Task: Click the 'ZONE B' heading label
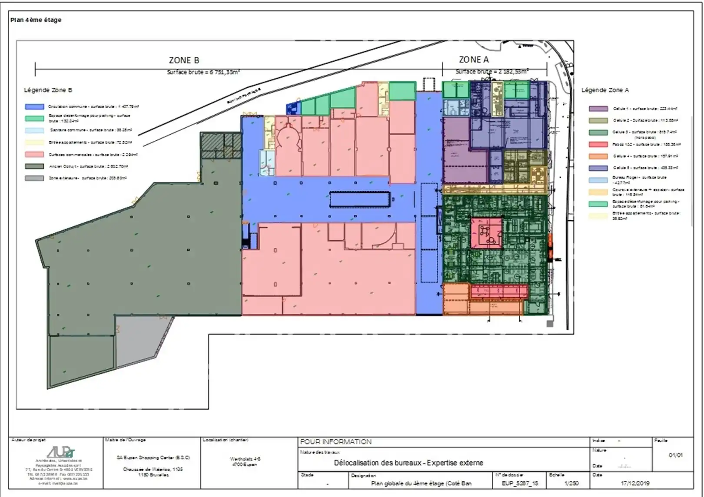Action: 184,60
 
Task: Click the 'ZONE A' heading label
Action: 474,60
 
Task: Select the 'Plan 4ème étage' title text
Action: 36,20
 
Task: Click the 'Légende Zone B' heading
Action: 48,90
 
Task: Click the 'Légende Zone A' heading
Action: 605,90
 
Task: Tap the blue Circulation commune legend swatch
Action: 34,107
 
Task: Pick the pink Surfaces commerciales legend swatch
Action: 34,155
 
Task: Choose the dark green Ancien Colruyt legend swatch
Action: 34,166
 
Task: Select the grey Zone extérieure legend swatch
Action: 34,178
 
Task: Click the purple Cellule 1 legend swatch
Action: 598,109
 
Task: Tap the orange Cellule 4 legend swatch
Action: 598,156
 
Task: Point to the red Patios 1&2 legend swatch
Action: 598,145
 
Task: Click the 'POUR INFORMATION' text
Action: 336,442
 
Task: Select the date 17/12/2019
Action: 635,483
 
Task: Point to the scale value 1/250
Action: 571,483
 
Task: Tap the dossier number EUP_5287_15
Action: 520,483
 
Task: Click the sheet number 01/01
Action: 675,455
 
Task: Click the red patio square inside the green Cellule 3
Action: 486,233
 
